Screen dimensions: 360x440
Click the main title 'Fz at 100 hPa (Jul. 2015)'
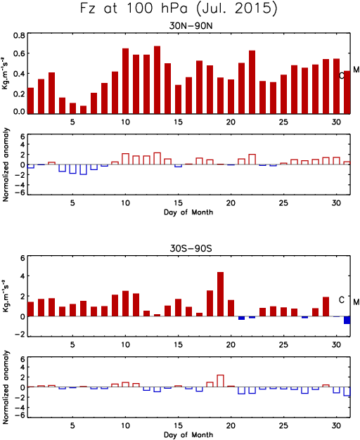point(179,8)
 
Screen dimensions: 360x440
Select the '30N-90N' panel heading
point(191,26)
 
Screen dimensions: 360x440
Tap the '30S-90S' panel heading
point(191,248)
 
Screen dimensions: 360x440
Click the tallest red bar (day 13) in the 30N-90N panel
point(157,79)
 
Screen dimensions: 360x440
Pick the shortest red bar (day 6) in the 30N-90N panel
point(84,110)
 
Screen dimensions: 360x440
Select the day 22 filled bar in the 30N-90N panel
point(252,82)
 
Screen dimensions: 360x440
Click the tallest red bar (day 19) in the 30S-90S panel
point(221,294)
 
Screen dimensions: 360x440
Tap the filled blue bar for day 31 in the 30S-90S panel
point(347,321)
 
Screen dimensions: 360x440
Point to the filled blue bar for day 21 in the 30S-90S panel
point(241,318)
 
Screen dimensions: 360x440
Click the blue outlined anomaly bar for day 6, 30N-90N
point(84,169)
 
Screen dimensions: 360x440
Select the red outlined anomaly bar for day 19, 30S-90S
point(221,381)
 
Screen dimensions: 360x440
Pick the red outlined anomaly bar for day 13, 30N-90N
point(157,159)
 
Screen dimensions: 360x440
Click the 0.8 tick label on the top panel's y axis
point(20,36)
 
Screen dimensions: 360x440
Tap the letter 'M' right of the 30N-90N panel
point(356,70)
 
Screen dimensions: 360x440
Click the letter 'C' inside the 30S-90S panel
point(342,300)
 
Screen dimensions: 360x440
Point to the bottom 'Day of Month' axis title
point(188,434)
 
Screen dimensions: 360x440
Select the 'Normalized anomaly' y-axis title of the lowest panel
point(6,387)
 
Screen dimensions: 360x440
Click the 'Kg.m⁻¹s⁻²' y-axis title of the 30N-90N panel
point(5,73)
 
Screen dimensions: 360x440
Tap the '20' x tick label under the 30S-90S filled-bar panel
point(231,344)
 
